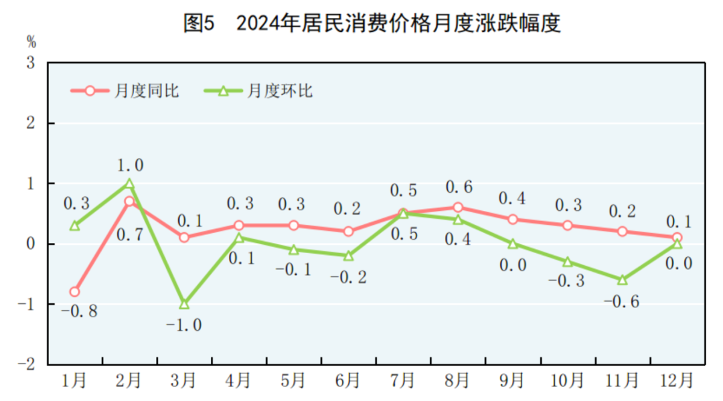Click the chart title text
pyautogui.click(x=372, y=23)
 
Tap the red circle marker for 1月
pyautogui.click(x=74, y=292)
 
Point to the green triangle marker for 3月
pyautogui.click(x=184, y=304)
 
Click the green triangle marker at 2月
pyautogui.click(x=129, y=183)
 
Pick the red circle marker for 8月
pyautogui.click(x=458, y=208)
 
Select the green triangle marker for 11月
pyautogui.click(x=623, y=280)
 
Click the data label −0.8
pyautogui.click(x=79, y=312)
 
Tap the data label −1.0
pyautogui.click(x=183, y=325)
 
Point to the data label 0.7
pyautogui.click(x=129, y=234)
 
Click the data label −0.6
pyautogui.click(x=621, y=302)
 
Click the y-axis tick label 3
pyautogui.click(x=31, y=64)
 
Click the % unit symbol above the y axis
pyautogui.click(x=31, y=42)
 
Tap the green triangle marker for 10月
pyautogui.click(x=568, y=262)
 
